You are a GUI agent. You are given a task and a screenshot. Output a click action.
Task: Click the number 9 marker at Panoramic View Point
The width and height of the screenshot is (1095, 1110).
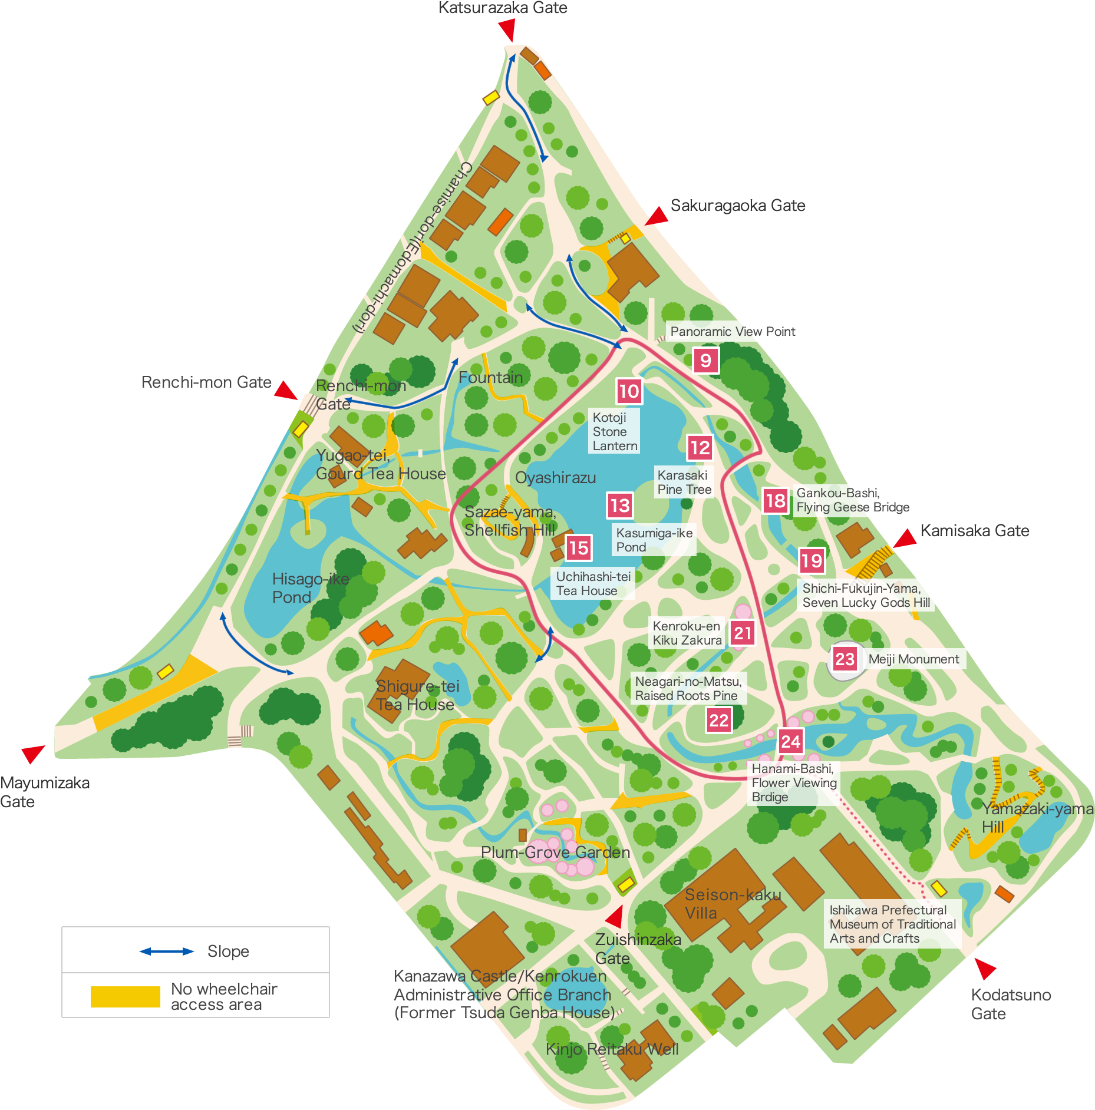coord(705,360)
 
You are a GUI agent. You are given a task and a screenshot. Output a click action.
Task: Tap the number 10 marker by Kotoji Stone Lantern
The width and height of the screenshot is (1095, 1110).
coord(629,391)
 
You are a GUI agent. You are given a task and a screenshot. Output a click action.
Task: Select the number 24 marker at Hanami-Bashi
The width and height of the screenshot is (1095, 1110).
coord(790,741)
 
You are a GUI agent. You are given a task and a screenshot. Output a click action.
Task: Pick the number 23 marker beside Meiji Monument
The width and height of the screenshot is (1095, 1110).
coord(845,659)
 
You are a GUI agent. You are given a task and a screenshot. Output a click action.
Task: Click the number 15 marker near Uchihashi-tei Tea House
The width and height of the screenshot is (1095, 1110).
coord(578,548)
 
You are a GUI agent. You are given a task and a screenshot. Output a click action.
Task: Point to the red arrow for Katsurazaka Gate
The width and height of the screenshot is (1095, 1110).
coord(507,29)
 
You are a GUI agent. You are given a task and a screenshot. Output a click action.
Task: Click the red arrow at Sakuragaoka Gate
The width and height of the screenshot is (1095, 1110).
coord(657,216)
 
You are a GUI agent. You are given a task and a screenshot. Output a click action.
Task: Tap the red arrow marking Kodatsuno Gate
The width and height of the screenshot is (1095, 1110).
coord(985,967)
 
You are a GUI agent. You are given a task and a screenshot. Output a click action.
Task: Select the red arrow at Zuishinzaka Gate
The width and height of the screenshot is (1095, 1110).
coord(615,917)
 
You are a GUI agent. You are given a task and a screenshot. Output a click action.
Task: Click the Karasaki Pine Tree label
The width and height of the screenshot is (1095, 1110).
coord(684,482)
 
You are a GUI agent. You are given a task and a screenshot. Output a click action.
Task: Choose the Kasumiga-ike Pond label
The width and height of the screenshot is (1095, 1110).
coord(654,540)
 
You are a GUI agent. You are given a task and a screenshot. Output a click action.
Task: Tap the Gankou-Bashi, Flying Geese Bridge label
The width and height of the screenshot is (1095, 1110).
coord(853,500)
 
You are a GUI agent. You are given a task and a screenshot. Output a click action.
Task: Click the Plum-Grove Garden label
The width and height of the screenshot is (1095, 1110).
coord(555,852)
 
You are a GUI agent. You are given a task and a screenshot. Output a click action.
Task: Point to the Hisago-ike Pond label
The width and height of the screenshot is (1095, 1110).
coord(310,588)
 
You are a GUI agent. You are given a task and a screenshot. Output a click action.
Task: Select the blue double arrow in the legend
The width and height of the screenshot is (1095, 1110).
coord(167,952)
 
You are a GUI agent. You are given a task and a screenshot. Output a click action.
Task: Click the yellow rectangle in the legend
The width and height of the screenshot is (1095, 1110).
coord(125,996)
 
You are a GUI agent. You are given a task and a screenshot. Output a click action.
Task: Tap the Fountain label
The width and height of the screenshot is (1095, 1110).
coord(490,377)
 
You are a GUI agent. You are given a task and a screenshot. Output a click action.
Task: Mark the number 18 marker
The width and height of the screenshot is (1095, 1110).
coord(775,501)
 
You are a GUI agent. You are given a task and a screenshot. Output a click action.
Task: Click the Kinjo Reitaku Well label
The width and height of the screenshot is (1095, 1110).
coord(612,1049)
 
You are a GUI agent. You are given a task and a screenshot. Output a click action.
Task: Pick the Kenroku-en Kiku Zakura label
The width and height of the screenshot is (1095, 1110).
coord(687,633)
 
